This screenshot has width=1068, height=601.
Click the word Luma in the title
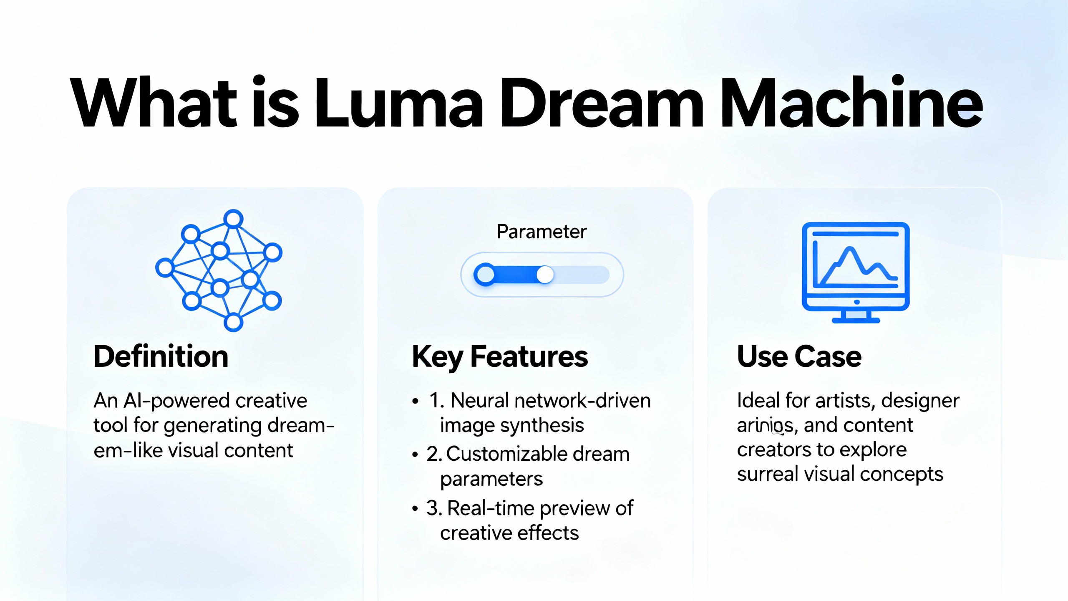click(398, 102)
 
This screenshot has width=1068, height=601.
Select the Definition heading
click(161, 357)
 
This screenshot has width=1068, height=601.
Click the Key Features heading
click(500, 357)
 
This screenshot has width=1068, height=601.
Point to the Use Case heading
click(799, 357)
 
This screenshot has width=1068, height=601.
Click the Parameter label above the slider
click(542, 232)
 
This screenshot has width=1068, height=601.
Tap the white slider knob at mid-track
click(545, 275)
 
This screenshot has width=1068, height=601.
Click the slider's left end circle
click(485, 275)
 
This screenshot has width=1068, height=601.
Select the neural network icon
click(219, 270)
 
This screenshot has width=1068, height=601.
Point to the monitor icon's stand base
click(856, 321)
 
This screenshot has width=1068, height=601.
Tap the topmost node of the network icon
click(233, 218)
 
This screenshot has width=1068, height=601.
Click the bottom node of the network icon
click(233, 322)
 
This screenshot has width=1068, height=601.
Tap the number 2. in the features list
click(434, 454)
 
